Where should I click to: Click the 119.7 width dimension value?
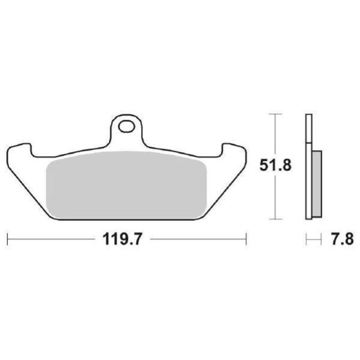pos(122,239)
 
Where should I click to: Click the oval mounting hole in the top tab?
pos(126,127)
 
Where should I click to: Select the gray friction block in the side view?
pos(317,184)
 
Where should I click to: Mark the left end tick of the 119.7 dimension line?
pos(8,239)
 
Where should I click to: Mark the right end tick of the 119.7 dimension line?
pos(246,239)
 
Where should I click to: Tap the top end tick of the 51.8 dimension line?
pos(275,114)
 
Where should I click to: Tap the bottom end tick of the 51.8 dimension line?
pos(275,220)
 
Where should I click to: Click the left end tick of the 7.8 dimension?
pos(306,239)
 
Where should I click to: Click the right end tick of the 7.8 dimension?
pos(321,239)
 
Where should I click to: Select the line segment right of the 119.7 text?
pos(198,239)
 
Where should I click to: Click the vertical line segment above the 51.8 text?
pos(275,135)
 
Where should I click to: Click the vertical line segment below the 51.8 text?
pos(275,198)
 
